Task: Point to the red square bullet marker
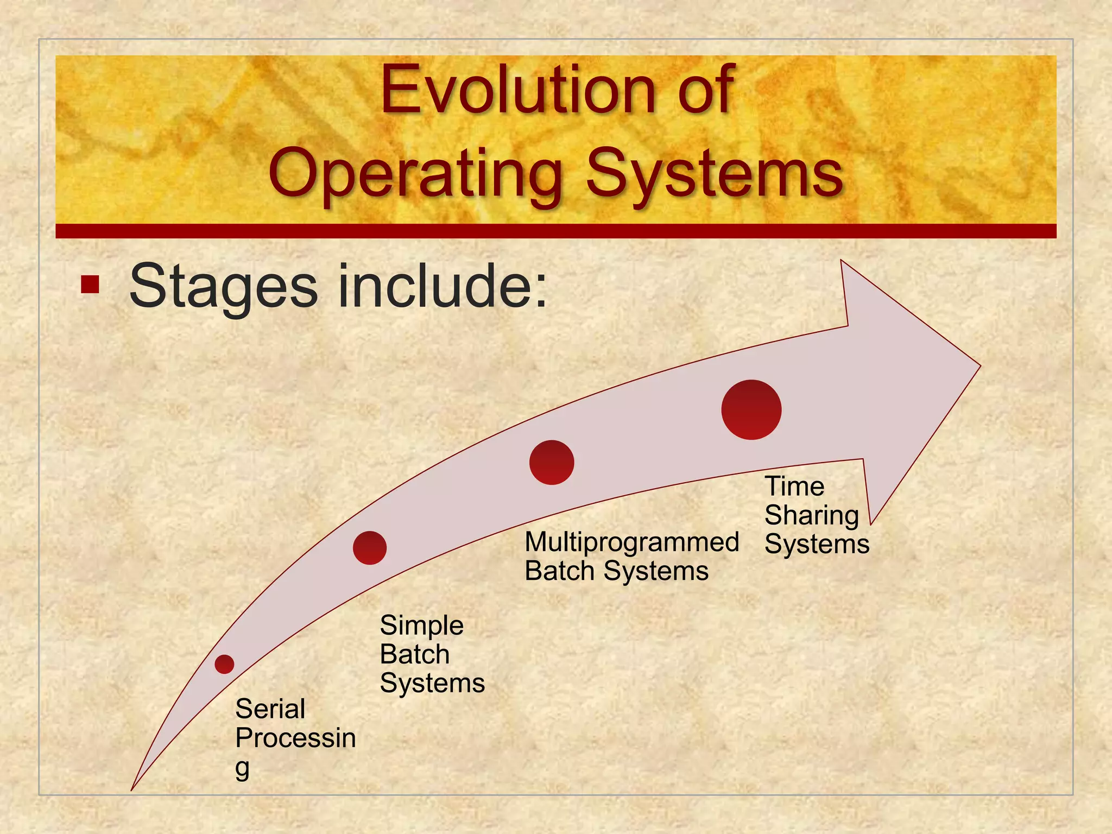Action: point(90,285)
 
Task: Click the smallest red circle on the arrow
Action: point(224,664)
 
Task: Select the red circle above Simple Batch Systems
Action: point(370,548)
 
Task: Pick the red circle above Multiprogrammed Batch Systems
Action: point(552,462)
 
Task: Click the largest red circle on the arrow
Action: point(751,409)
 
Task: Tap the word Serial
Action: point(270,709)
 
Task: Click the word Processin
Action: point(295,738)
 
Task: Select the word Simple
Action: point(421,626)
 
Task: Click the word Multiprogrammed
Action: point(631,542)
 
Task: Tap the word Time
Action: point(794,486)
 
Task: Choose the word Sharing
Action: point(811,515)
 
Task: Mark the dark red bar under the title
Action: point(555,231)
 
